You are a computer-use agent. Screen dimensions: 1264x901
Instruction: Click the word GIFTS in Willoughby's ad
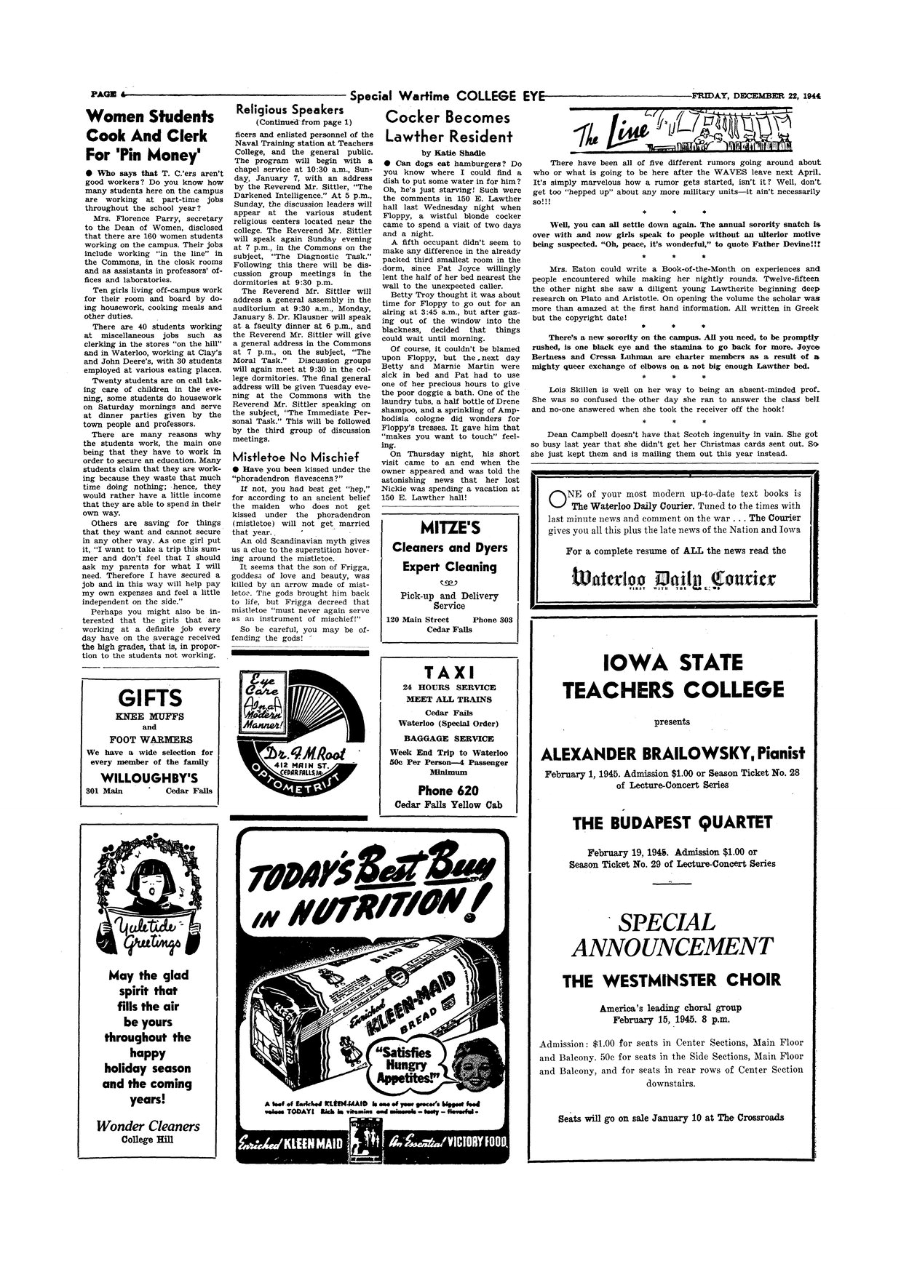[x=149, y=698]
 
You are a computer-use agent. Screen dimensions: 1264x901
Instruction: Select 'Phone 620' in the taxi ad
[x=449, y=791]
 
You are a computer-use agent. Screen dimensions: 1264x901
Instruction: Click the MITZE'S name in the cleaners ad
[x=449, y=527]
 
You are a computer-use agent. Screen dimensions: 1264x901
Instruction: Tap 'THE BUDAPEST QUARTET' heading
[x=672, y=823]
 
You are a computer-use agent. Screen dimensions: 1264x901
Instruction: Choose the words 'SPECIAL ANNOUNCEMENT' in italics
[x=672, y=935]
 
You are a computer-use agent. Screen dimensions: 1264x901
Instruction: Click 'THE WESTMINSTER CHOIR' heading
[x=672, y=980]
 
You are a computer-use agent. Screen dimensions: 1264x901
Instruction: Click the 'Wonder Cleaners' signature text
[x=149, y=1126]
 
